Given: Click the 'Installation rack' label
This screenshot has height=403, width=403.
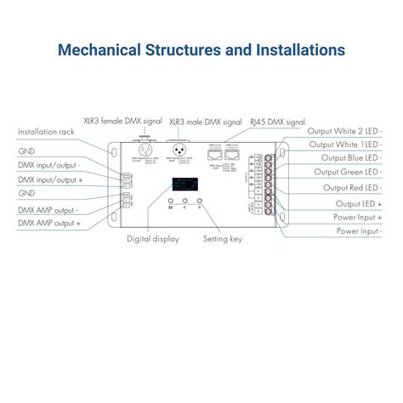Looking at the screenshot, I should point(47,133).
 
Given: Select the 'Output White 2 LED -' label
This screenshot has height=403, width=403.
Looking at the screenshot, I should point(344,131).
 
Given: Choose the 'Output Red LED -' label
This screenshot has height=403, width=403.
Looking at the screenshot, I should point(351,187).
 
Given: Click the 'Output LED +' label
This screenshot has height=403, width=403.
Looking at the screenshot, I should point(359,203).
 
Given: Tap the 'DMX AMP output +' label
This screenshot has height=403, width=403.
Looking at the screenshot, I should point(49,223).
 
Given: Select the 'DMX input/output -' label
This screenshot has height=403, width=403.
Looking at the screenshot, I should point(49,166).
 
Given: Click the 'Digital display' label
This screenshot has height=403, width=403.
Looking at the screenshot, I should point(152,240).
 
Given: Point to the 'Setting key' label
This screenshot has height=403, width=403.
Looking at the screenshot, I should point(222,240).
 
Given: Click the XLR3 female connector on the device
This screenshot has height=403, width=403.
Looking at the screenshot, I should point(143,149).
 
